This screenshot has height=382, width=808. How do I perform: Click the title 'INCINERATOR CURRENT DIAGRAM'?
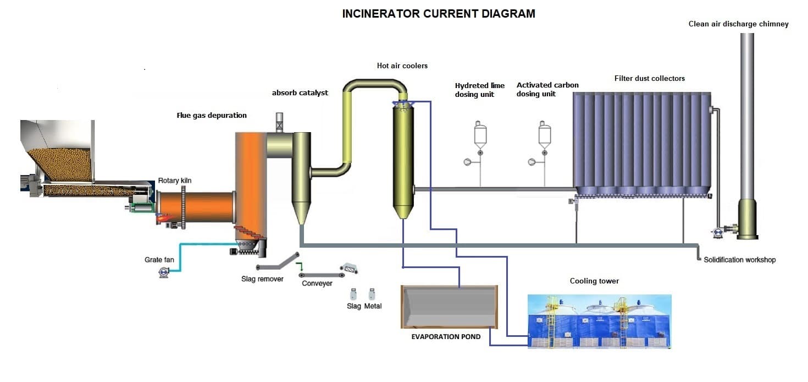[x=438, y=14]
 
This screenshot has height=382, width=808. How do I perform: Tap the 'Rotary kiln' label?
[x=175, y=181]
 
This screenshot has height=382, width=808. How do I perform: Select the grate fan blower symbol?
[x=164, y=272]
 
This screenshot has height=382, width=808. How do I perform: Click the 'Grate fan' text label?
[x=159, y=260]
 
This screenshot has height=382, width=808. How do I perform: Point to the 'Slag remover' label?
[x=262, y=279]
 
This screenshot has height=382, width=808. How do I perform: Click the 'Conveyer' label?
[x=317, y=283]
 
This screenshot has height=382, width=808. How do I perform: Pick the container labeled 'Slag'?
[x=353, y=293]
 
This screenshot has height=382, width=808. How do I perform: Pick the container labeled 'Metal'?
[x=372, y=293]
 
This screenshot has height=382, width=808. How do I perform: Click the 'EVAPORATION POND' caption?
[x=446, y=336]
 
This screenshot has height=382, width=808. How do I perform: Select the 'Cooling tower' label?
[x=594, y=281]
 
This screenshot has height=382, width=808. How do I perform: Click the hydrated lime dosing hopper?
[x=480, y=134]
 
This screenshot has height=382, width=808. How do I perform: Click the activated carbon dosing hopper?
[x=544, y=134]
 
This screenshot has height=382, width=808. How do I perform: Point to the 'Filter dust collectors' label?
[x=649, y=79]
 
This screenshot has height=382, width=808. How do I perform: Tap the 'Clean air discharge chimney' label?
[x=738, y=24]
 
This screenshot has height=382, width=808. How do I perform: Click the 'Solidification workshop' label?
[x=739, y=260]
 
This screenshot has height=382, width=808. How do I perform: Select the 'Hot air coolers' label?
[x=402, y=66]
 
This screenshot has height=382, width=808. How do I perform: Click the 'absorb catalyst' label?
[x=300, y=93]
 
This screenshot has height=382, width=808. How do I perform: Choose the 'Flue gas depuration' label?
[x=212, y=116]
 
